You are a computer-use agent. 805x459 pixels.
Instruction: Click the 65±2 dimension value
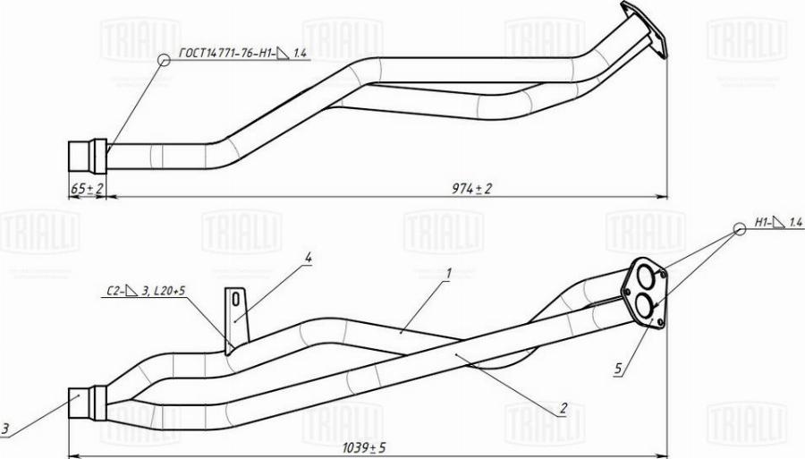[x=87, y=189]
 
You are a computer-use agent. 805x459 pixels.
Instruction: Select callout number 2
[x=563, y=410]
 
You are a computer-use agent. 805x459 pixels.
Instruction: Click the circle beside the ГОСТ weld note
[x=163, y=60]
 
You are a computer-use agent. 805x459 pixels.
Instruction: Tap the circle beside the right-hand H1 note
[x=740, y=229]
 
